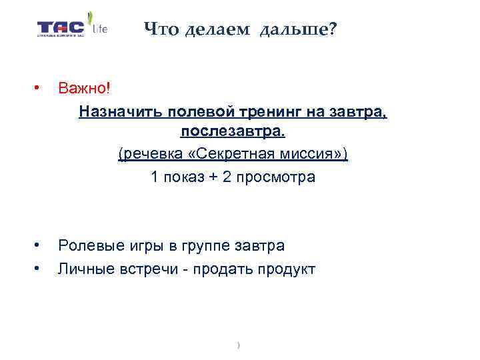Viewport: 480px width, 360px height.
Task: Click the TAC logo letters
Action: [61, 28]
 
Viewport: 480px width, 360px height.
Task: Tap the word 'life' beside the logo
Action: [99, 29]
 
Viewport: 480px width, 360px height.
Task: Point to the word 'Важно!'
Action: [83, 88]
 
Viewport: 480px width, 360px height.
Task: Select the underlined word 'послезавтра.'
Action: [233, 132]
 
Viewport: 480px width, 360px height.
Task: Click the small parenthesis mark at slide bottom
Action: [238, 345]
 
